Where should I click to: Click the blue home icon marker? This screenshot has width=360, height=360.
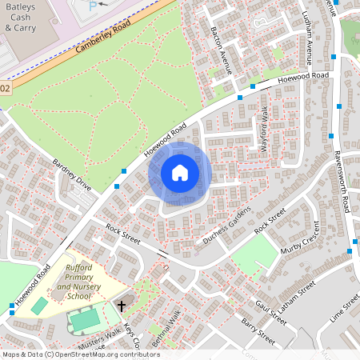pyautogui.click(x=180, y=173)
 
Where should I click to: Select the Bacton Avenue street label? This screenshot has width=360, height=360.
pyautogui.click(x=221, y=49)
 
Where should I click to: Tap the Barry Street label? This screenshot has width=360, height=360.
pyautogui.click(x=258, y=331)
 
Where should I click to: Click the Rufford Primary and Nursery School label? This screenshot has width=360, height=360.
pyautogui.click(x=78, y=282)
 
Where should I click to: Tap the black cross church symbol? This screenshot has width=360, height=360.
pyautogui.click(x=122, y=305)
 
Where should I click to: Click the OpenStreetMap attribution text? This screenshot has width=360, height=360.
pyautogui.click(x=80, y=354)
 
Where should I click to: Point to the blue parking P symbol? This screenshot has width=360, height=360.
pyautogui.click(x=93, y=6)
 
